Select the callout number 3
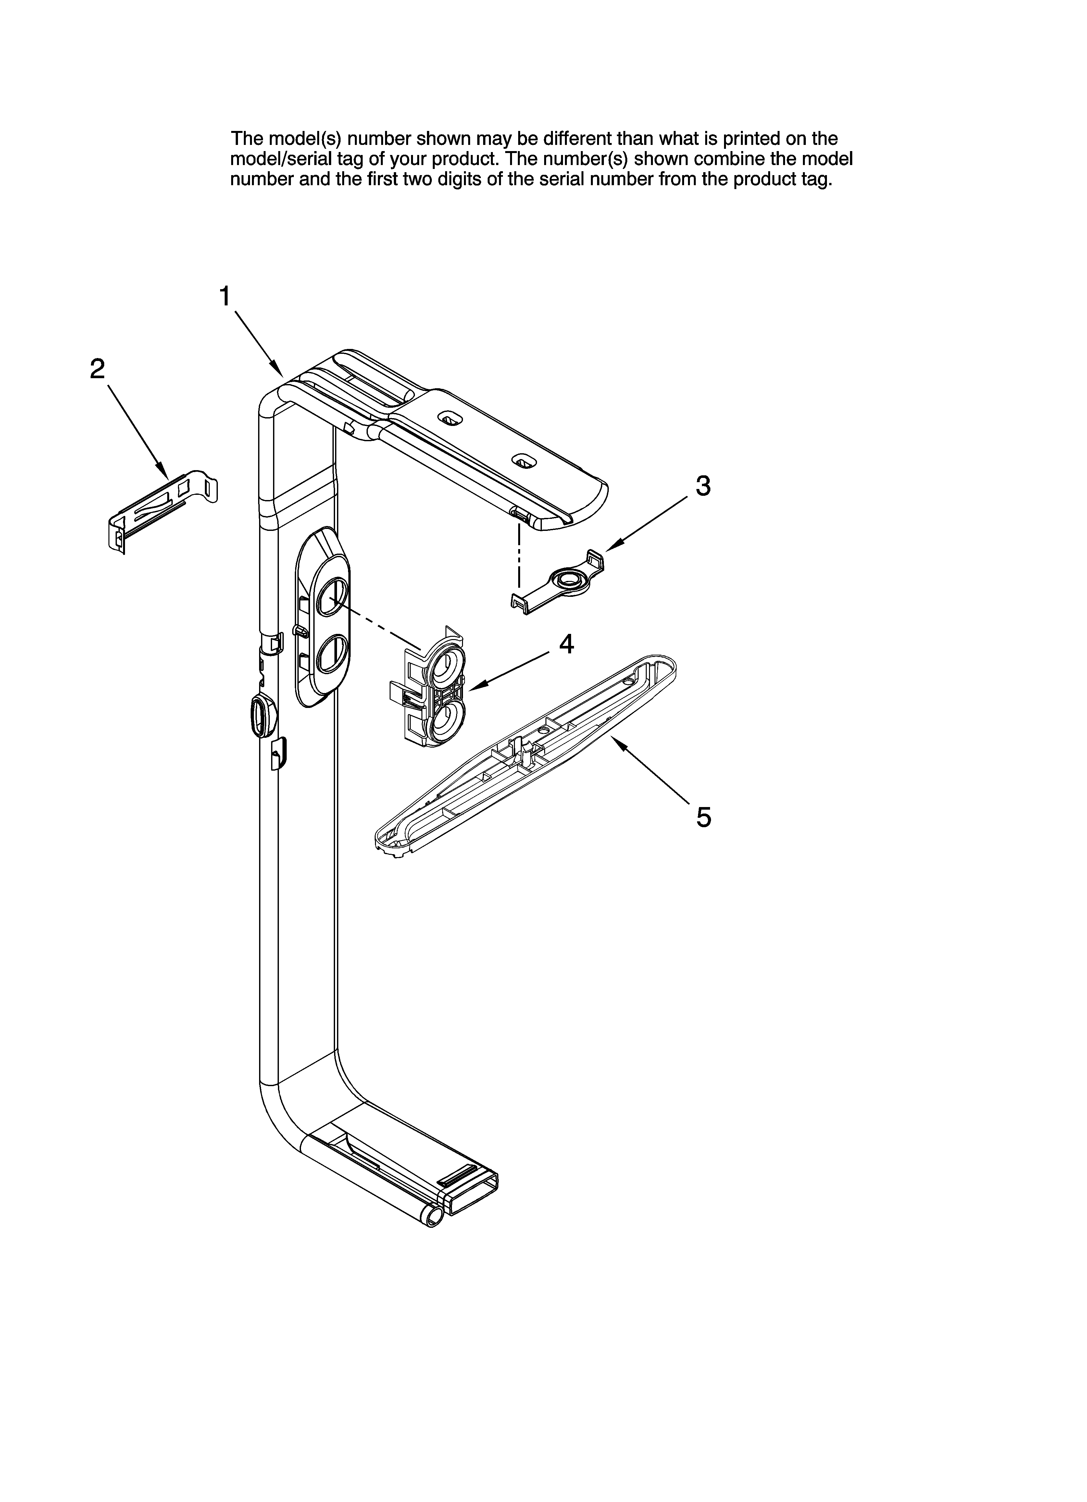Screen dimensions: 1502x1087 click(x=703, y=485)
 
